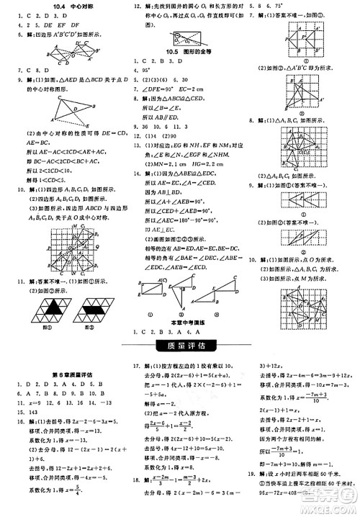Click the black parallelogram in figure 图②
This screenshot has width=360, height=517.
click(x=94, y=312)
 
